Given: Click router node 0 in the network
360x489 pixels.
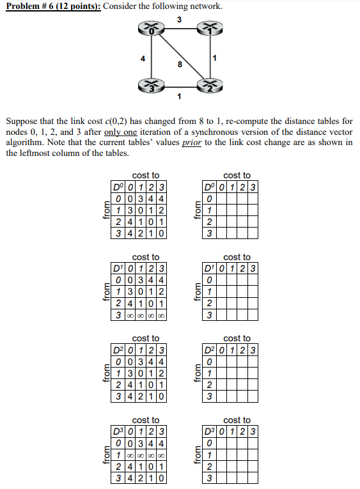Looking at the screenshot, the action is (152, 29).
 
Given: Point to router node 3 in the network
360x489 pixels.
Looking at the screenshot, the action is (152, 85).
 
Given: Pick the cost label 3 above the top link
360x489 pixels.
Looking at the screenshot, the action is (179, 19).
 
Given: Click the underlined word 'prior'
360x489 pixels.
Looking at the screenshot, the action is (192, 142).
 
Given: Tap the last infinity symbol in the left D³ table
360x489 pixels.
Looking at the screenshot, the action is (162, 454).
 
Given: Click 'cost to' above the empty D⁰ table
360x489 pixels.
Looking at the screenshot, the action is (237, 175).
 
